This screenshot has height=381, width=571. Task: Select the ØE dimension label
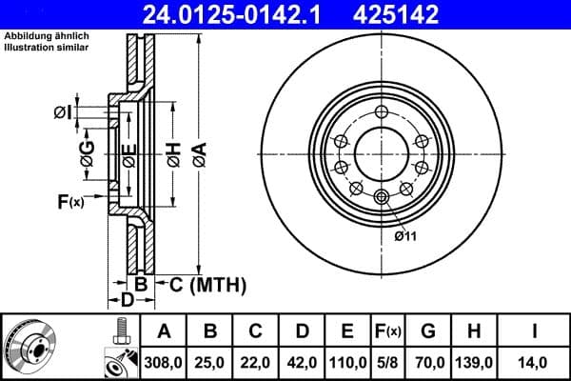click(x=129, y=153)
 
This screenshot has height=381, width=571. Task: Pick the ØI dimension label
click(x=62, y=113)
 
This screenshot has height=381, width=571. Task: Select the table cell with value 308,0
click(x=165, y=362)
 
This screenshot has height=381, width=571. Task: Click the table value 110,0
click(x=346, y=362)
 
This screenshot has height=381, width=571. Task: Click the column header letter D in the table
click(x=302, y=331)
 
